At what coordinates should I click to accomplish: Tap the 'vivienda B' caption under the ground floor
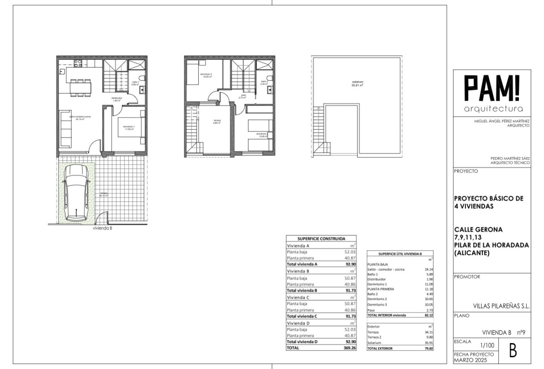(103, 227)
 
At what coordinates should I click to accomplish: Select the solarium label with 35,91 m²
(357, 84)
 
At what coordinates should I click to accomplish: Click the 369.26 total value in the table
(349, 348)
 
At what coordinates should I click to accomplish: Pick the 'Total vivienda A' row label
(302, 264)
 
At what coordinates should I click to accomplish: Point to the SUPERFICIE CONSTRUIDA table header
(321, 238)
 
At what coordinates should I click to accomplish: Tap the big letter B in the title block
(513, 351)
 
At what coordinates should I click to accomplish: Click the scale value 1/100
(486, 347)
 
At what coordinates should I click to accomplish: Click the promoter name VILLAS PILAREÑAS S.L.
(501, 306)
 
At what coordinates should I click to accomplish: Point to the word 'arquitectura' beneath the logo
(493, 109)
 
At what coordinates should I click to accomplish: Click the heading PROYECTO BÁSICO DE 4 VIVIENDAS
(488, 202)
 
